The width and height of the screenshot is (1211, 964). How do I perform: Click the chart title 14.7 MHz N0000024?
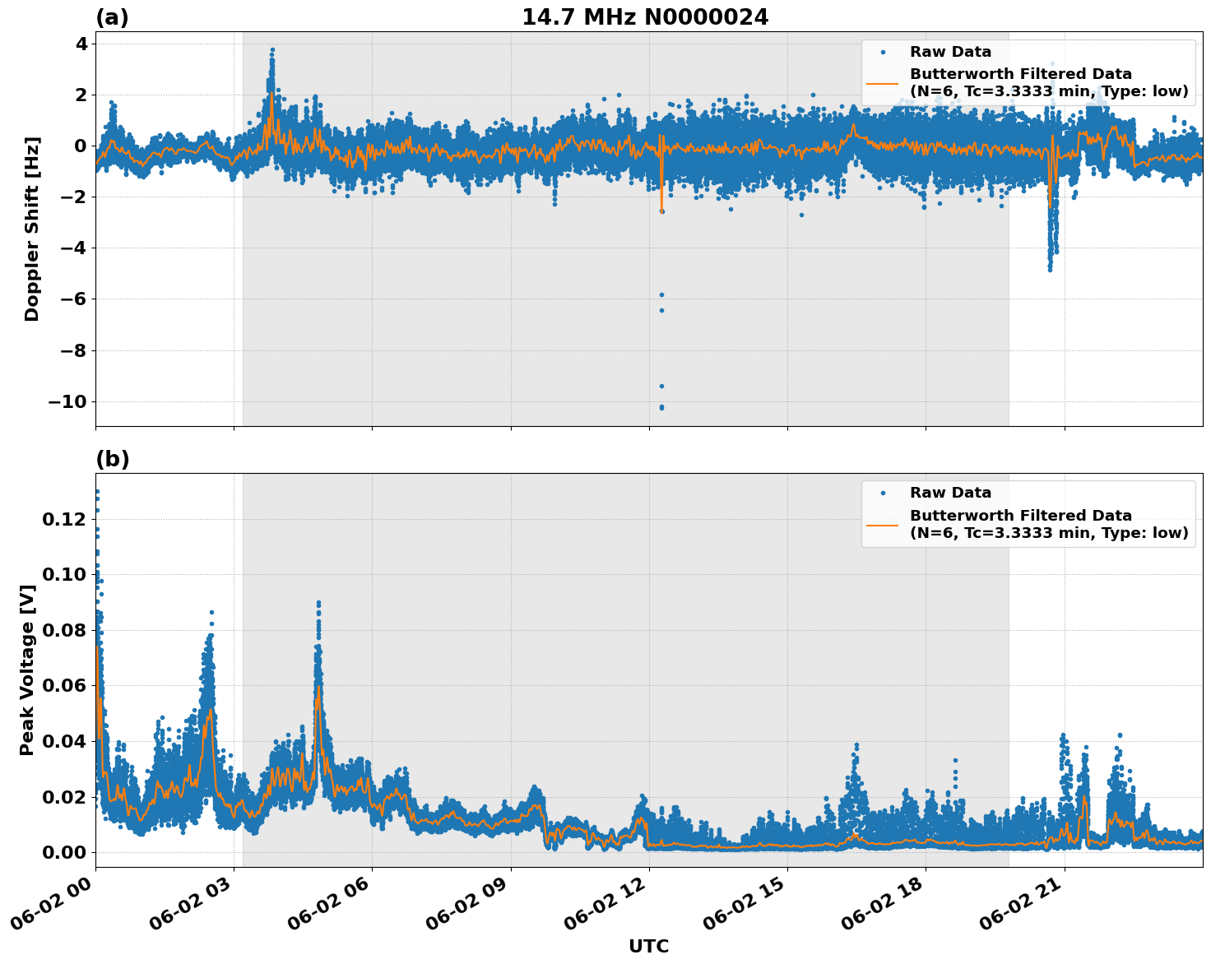pyautogui.click(x=645, y=17)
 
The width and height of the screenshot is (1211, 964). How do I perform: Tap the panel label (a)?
pyautogui.click(x=112, y=17)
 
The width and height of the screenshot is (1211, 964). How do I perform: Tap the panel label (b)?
pyautogui.click(x=112, y=459)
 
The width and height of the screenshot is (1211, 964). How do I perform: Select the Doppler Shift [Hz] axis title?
pyautogui.click(x=32, y=229)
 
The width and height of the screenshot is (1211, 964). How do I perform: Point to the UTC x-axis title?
pyautogui.click(x=648, y=946)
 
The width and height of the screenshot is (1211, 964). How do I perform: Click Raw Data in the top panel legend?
pyautogui.click(x=950, y=53)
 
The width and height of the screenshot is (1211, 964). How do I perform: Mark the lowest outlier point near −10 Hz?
pyautogui.click(x=661, y=408)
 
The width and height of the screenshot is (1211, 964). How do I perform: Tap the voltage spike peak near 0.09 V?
pyautogui.click(x=318, y=603)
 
